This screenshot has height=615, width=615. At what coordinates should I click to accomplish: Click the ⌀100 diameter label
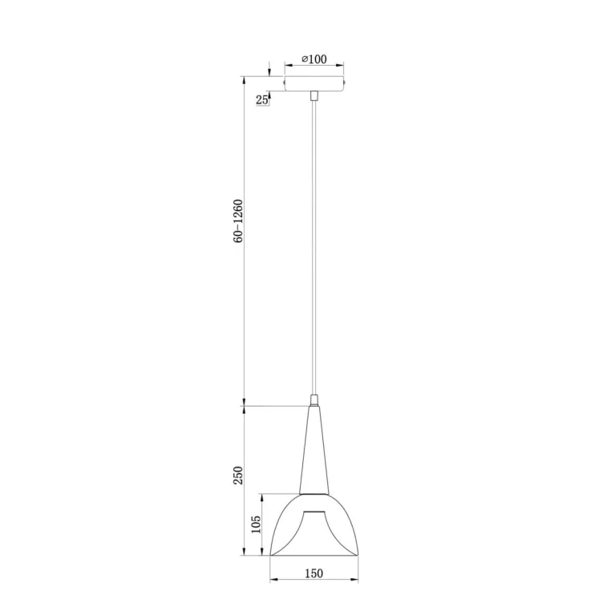tap(314, 59)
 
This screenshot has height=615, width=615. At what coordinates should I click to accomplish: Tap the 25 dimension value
tap(261, 100)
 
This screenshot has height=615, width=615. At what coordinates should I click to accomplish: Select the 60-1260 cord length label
tap(238, 221)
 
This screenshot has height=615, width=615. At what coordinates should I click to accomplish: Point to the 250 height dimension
tap(238, 475)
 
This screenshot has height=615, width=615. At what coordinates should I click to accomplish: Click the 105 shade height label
tap(256, 524)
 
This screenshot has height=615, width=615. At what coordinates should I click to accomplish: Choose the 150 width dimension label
tap(314, 573)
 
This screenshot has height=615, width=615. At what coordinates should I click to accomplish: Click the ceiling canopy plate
tap(314, 83)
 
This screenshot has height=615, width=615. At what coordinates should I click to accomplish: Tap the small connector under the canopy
tap(314, 95)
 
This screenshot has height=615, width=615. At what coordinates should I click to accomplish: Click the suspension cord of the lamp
tap(314, 247)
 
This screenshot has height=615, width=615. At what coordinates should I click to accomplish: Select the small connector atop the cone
tap(314, 399)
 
